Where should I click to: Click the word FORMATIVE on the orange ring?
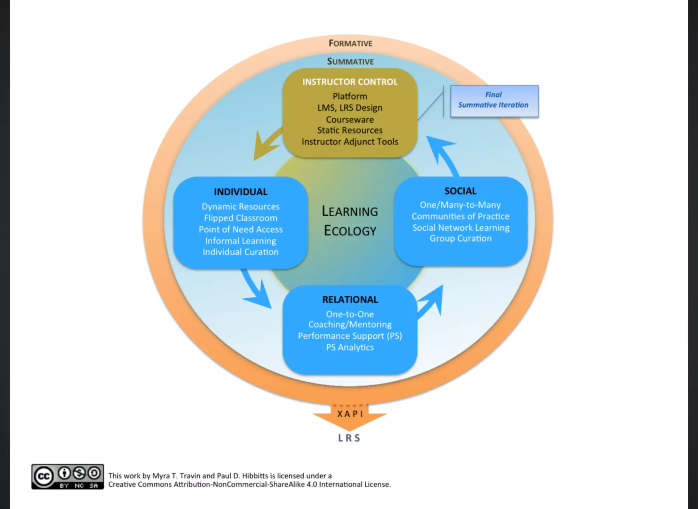tap(350, 43)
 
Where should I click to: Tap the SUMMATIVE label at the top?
tap(350, 61)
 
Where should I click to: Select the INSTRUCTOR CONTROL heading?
tap(350, 82)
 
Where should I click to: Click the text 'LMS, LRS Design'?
tap(350, 108)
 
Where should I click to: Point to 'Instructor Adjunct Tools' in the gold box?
tap(350, 142)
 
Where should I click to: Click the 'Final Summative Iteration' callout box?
tap(494, 101)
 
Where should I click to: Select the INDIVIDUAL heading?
tap(241, 192)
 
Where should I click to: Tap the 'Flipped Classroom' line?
tap(241, 218)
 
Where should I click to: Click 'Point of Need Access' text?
tap(241, 230)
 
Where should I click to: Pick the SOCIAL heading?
tap(460, 191)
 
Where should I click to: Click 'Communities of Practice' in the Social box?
tap(460, 216)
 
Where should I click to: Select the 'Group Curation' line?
tap(460, 238)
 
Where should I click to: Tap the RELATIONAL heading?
tap(350, 299)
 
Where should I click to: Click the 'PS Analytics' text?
tap(350, 348)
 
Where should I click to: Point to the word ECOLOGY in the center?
tap(350, 231)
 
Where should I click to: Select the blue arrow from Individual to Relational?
tap(256, 290)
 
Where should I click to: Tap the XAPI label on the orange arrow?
tap(350, 414)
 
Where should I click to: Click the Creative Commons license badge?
tap(67, 476)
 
